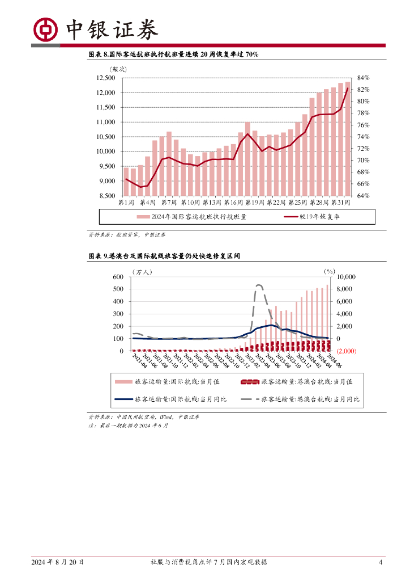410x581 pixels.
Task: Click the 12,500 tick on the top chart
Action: [x=105, y=78]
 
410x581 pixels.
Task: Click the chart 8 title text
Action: [x=173, y=54]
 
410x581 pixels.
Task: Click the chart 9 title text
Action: [x=164, y=256]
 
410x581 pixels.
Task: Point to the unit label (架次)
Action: [x=119, y=69]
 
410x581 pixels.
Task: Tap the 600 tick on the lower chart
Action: [x=118, y=277]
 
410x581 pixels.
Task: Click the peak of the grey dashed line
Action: [x=259, y=285]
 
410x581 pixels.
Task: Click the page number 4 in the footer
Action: [x=381, y=562]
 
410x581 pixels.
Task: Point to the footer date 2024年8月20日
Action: [x=57, y=562]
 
